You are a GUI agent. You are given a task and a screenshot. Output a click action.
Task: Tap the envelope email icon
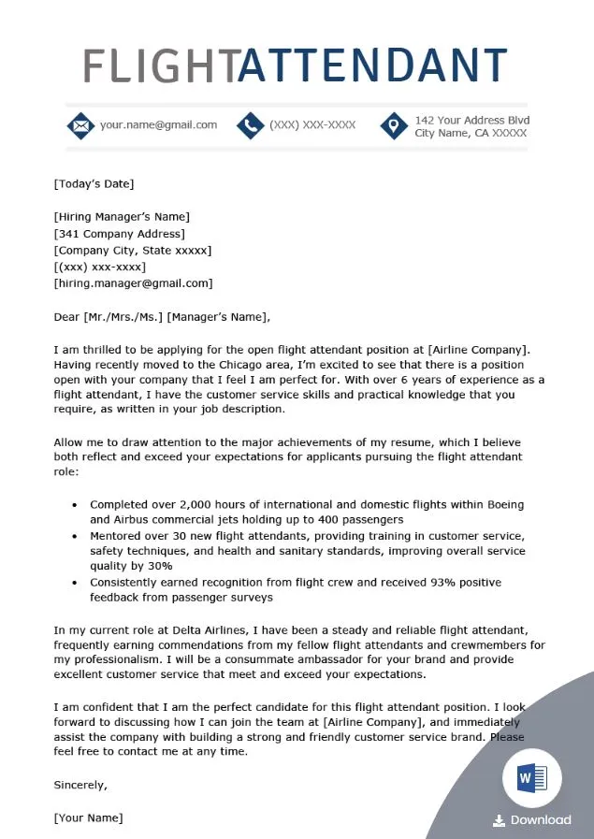coord(80,125)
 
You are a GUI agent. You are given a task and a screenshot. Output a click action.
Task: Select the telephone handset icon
coord(250,125)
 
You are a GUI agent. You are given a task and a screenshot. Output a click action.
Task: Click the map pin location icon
coord(395,125)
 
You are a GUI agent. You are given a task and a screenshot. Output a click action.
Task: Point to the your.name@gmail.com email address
coord(158,124)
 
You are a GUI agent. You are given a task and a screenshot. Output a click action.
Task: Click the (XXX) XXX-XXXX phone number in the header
coord(312,124)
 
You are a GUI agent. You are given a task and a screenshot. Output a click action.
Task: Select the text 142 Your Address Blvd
coord(472,120)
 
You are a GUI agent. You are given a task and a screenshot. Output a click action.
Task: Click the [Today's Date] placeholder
coord(94,183)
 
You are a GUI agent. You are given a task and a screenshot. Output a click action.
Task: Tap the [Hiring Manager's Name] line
coord(122,217)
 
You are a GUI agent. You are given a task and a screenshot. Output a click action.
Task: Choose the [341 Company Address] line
coord(120,234)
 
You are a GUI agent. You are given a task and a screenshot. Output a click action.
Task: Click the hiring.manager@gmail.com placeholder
coord(133,282)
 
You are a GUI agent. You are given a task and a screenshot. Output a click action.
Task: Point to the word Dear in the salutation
coord(66,316)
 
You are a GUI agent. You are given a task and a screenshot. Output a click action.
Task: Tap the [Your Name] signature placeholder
coord(88,817)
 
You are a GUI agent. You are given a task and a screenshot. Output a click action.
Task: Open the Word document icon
coord(532,778)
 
